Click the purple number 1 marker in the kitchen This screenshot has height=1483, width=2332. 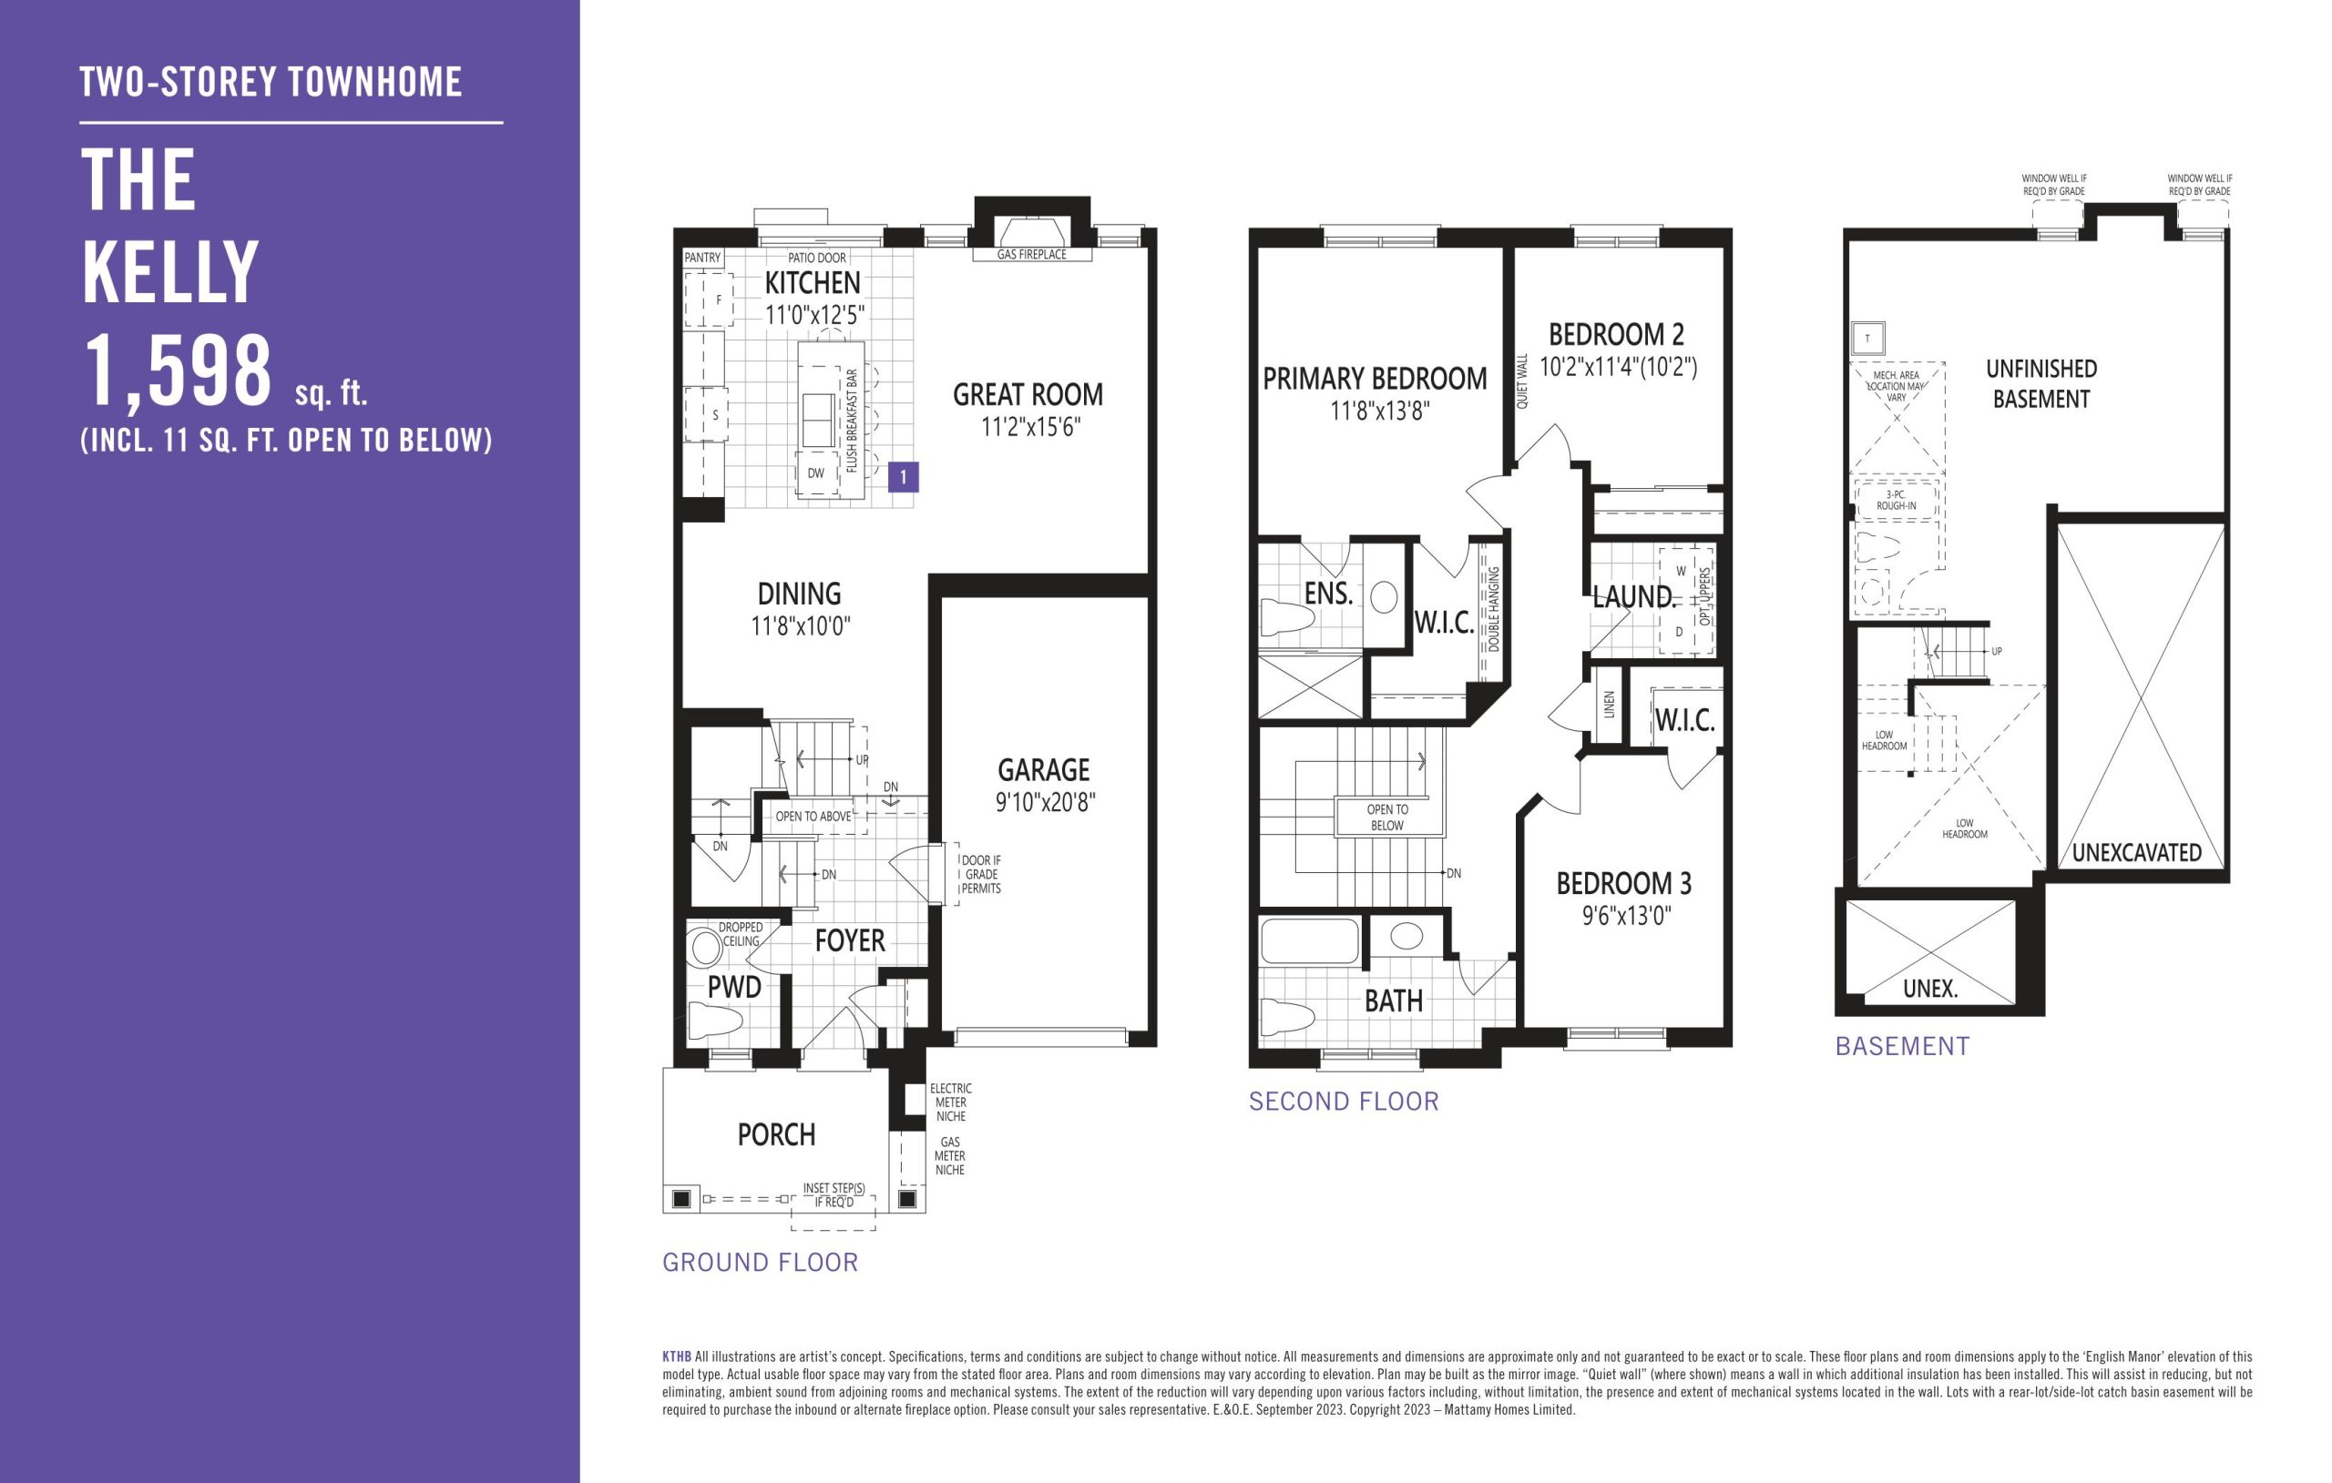pyautogui.click(x=903, y=476)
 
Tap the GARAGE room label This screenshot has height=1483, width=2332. pyautogui.click(x=1043, y=769)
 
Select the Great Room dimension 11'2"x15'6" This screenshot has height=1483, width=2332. pyautogui.click(x=1028, y=427)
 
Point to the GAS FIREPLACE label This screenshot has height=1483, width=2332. pyautogui.click(x=1031, y=255)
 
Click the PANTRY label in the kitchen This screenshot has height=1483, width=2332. pyautogui.click(x=702, y=258)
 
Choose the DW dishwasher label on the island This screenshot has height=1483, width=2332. pyautogui.click(x=815, y=473)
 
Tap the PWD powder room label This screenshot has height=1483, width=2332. pyautogui.click(x=734, y=988)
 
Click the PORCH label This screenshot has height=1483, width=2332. pyautogui.click(x=777, y=1134)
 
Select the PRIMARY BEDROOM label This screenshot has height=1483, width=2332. pyautogui.click(x=1375, y=379)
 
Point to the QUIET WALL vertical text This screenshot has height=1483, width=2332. pyautogui.click(x=1521, y=381)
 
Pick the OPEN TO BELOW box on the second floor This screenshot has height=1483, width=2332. pyautogui.click(x=1386, y=817)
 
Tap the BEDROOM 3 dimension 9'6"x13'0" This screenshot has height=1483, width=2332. pyautogui.click(x=1627, y=915)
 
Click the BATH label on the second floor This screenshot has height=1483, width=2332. pyautogui.click(x=1394, y=1001)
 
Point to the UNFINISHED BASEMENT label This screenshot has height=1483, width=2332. pyautogui.click(x=2041, y=383)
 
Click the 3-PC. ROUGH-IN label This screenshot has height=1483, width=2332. pyautogui.click(x=1897, y=500)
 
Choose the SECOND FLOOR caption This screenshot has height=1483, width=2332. pyautogui.click(x=1344, y=1101)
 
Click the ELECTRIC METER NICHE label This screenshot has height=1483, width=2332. pyautogui.click(x=951, y=1102)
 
